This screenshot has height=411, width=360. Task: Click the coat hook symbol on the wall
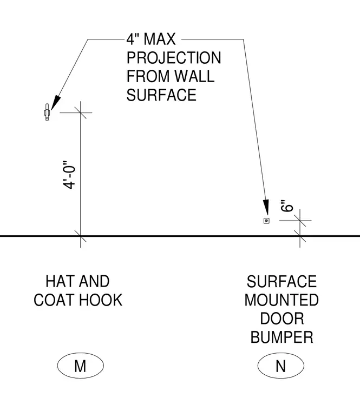47,112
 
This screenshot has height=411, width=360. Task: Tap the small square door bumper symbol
266,221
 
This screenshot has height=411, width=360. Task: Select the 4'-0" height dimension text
69,175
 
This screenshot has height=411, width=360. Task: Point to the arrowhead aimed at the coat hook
55,103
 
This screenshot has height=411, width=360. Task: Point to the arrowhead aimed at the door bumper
266,208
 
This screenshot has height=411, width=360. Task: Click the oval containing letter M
81,366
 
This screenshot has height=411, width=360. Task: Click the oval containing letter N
281,366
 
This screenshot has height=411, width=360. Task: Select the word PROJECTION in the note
174,58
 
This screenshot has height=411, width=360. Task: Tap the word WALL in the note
194,76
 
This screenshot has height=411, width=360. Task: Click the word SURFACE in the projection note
161,95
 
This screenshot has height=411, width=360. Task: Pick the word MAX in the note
160,39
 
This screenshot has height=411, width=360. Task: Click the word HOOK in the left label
101,300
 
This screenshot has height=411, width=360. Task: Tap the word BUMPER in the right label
282,337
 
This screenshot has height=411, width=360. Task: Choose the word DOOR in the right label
282,319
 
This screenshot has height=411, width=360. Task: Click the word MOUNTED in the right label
282,300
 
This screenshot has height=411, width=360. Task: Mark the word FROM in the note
148,76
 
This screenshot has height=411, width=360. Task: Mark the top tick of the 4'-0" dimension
80,112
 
